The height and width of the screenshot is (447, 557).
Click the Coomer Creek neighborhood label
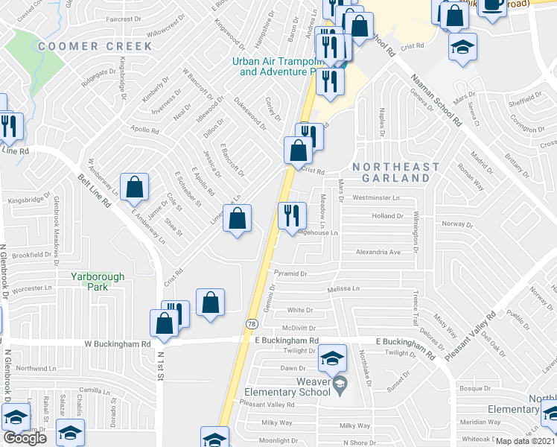[95, 46]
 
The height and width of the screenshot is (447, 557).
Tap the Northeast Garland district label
[391, 172]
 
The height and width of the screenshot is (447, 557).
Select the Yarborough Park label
[98, 281]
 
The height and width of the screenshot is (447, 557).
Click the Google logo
[25, 438]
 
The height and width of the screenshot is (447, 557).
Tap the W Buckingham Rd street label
[118, 344]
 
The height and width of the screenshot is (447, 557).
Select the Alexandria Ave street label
[378, 253]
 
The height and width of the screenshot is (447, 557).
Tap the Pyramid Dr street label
[290, 273]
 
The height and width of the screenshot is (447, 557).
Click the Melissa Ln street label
[343, 288]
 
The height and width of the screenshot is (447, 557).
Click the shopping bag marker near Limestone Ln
[237, 219]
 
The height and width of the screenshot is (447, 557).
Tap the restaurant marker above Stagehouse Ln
[292, 215]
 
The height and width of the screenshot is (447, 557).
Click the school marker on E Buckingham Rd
[333, 358]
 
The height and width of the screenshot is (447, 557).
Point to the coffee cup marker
[491, 5]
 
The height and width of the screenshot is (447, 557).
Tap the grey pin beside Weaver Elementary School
[340, 384]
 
